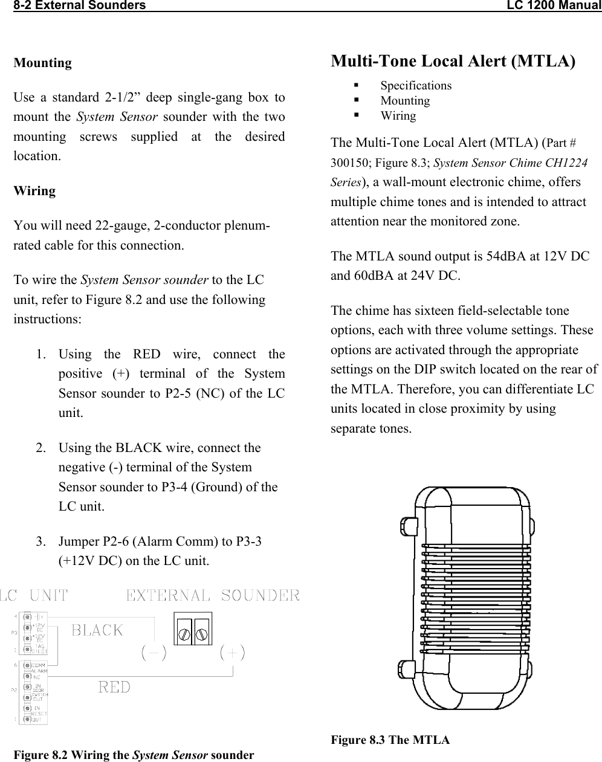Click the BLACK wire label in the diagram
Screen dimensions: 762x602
[97, 630]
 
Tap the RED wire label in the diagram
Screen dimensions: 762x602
[114, 686]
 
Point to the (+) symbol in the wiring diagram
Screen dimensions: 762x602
[232, 653]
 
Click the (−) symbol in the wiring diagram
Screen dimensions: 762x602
[154, 653]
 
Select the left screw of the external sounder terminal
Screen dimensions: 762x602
[184, 633]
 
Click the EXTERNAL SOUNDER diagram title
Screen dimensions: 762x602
[212, 596]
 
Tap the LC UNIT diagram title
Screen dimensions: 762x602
[34, 596]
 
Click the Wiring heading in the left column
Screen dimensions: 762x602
[34, 191]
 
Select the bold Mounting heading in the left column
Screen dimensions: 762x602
[42, 63]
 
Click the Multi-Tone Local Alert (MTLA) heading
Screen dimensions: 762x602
[453, 61]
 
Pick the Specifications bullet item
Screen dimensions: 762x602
[416, 86]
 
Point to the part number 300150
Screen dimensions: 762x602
[349, 163]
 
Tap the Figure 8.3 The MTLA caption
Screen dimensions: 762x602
[390, 740]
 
